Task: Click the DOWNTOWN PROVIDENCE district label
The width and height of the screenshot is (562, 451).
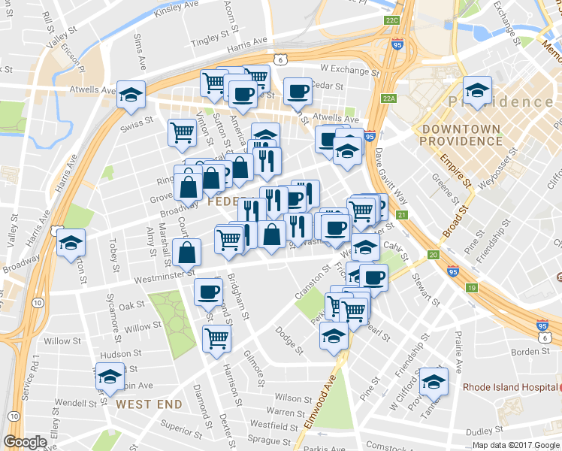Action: click(x=461, y=135)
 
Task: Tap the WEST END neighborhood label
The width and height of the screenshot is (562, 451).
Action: click(x=149, y=404)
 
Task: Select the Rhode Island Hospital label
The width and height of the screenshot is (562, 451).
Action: click(x=508, y=388)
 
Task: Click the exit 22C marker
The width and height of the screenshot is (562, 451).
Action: click(x=391, y=21)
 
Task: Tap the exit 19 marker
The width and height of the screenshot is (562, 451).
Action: click(x=471, y=288)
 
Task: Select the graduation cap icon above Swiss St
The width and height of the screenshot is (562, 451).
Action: click(x=131, y=95)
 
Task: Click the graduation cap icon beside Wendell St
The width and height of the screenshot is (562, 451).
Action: click(x=110, y=377)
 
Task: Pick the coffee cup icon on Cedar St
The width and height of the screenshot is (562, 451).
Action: click(x=298, y=92)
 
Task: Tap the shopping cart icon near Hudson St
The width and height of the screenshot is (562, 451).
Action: click(x=216, y=338)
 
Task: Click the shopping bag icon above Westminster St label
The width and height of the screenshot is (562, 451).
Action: click(x=186, y=253)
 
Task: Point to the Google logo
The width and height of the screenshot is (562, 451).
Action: click(x=26, y=442)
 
